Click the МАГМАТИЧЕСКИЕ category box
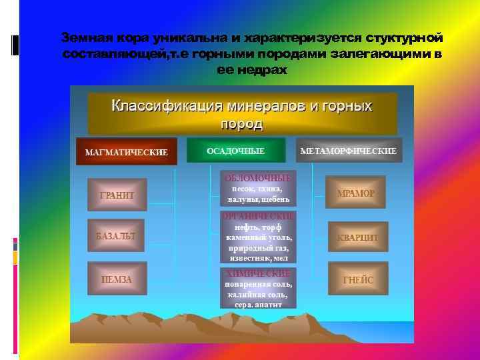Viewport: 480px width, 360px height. coord(126,152)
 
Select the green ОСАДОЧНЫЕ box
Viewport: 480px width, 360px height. coord(235,151)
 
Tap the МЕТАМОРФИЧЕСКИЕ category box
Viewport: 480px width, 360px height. coord(349,151)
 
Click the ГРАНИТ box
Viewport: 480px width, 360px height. coord(117,195)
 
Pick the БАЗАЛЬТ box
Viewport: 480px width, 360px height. coord(117,236)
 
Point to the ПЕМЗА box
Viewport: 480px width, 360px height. coord(117,279)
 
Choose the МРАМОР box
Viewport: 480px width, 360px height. coord(356,193)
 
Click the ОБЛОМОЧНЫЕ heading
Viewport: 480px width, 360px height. coord(258,178)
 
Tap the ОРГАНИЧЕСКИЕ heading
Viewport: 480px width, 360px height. coord(258,217)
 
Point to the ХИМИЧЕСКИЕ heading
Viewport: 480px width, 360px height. coord(258,273)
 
